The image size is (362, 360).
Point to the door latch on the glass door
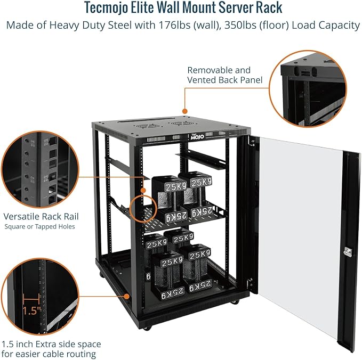349,252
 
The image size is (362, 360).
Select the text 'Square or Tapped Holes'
40,227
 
